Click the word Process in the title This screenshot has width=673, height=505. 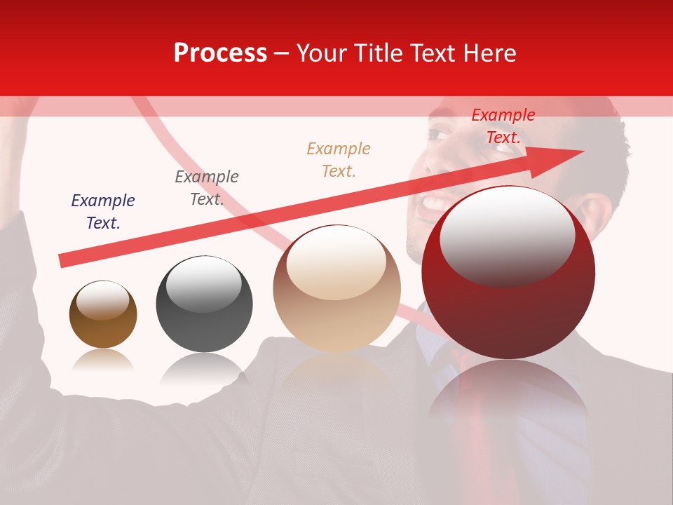point(220,53)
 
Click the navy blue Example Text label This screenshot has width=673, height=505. point(103,212)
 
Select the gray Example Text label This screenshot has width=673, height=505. point(206,188)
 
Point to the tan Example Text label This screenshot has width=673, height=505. point(339,159)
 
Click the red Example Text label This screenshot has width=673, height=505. point(503,126)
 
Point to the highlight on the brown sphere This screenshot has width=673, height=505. point(102,300)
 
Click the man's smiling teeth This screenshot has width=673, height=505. point(435,204)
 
